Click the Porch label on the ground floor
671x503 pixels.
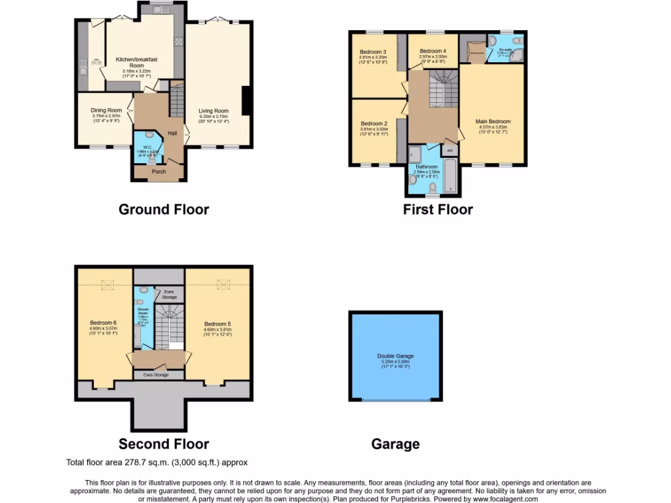(x=159, y=172)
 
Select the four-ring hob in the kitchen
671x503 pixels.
(x=178, y=41)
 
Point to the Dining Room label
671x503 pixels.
(x=106, y=111)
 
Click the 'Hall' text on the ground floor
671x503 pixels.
(x=172, y=134)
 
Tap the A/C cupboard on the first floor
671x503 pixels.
(x=450, y=151)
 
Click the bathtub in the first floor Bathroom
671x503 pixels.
(x=450, y=177)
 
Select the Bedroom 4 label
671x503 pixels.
(x=432, y=51)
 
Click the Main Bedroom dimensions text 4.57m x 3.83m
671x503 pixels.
(x=492, y=127)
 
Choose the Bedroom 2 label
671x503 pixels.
(x=374, y=124)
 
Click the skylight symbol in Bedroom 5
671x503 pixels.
(x=223, y=284)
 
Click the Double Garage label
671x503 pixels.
(x=395, y=356)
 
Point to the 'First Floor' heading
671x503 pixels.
(x=437, y=210)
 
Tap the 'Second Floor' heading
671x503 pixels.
(x=163, y=444)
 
